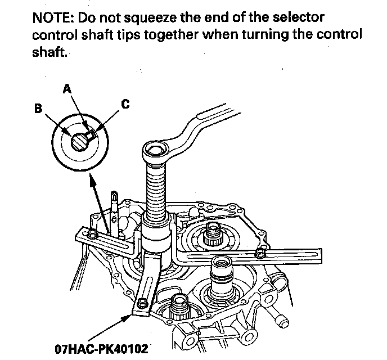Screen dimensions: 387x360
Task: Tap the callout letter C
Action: point(125,105)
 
